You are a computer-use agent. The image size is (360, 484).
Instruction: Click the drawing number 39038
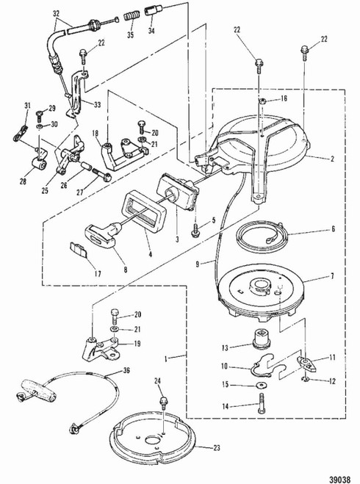[x=340, y=480]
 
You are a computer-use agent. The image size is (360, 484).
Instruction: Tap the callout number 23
[x=217, y=447]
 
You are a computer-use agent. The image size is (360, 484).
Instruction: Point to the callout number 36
[x=126, y=370]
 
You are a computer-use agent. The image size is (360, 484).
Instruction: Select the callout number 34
[x=151, y=31]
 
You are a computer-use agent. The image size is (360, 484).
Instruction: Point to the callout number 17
[x=98, y=273]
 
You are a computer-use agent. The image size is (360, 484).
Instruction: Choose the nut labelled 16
[x=262, y=101]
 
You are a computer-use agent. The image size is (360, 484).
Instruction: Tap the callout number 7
[x=332, y=276]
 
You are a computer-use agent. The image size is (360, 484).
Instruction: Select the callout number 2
[x=333, y=159]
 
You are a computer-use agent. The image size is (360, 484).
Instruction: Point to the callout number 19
[x=137, y=344]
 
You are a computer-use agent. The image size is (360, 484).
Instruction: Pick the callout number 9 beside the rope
[x=198, y=264]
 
